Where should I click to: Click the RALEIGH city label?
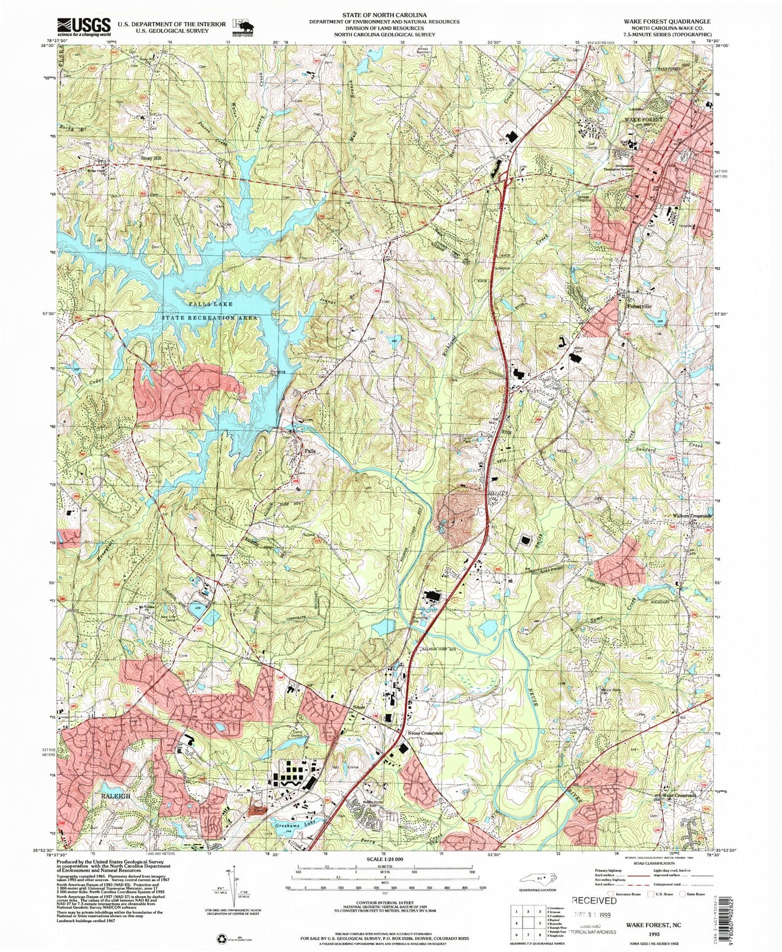point(114,796)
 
